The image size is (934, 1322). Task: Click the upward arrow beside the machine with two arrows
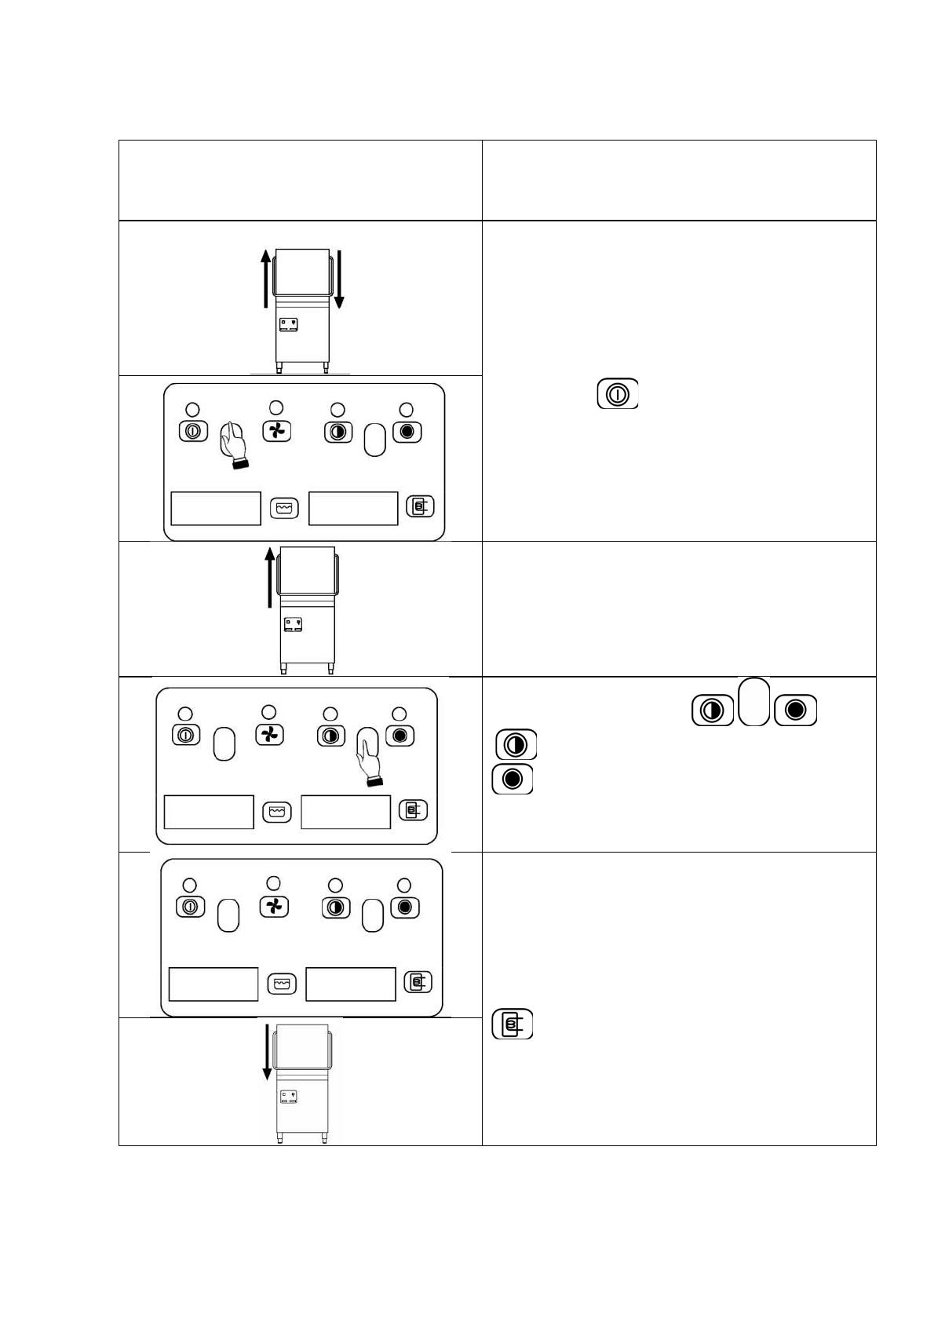tap(266, 278)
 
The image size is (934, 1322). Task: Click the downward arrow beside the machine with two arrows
tap(339, 278)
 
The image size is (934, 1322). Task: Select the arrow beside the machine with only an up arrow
tap(270, 578)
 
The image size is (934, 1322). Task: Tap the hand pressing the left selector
tap(232, 444)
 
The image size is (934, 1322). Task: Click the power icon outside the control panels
tap(618, 393)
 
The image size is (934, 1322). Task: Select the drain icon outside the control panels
tap(513, 1024)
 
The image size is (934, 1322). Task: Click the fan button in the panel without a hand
tap(274, 907)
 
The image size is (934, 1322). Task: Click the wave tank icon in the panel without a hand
tap(281, 983)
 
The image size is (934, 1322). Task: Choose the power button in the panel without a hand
tap(189, 907)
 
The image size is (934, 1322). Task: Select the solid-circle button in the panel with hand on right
tap(400, 736)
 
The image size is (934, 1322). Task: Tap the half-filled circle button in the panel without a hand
tap(336, 908)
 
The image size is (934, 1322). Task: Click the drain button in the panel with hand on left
tap(420, 507)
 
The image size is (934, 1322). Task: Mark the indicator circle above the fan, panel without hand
tap(273, 882)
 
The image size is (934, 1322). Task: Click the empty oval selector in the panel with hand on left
tap(375, 440)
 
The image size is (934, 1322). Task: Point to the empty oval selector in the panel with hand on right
tap(224, 743)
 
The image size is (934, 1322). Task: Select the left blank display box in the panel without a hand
tap(213, 984)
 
